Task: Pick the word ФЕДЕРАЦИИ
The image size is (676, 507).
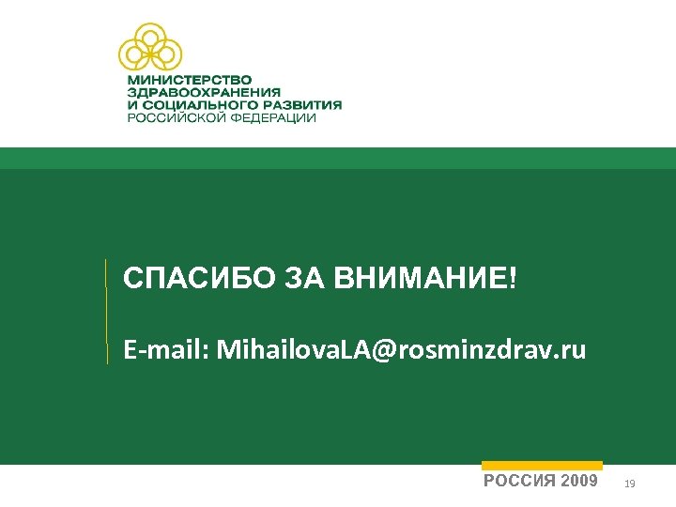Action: point(272,118)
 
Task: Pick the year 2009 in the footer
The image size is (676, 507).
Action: point(577,482)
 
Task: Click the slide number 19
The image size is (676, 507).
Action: point(630,484)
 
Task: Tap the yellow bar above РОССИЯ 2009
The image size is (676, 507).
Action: point(542,465)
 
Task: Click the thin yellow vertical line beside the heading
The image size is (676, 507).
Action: point(106,310)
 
